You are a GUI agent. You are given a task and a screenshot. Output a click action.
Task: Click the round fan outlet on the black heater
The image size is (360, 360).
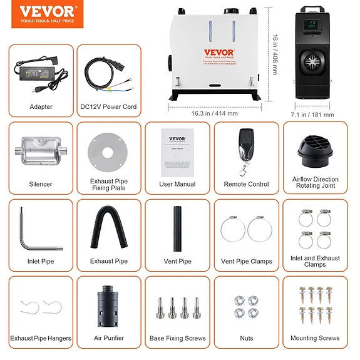(x=311, y=63)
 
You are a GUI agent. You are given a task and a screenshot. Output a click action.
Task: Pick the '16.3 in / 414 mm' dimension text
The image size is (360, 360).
(x=214, y=113)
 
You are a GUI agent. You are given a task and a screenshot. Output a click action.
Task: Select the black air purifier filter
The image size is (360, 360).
(x=108, y=305)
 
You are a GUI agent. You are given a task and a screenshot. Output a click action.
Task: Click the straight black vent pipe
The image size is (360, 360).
(x=177, y=229)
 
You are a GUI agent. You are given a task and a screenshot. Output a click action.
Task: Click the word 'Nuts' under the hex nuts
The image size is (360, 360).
(x=247, y=338)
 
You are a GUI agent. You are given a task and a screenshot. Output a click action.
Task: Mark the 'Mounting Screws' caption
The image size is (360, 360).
(x=316, y=338)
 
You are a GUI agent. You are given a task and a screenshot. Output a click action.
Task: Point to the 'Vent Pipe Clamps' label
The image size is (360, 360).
(x=246, y=261)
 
